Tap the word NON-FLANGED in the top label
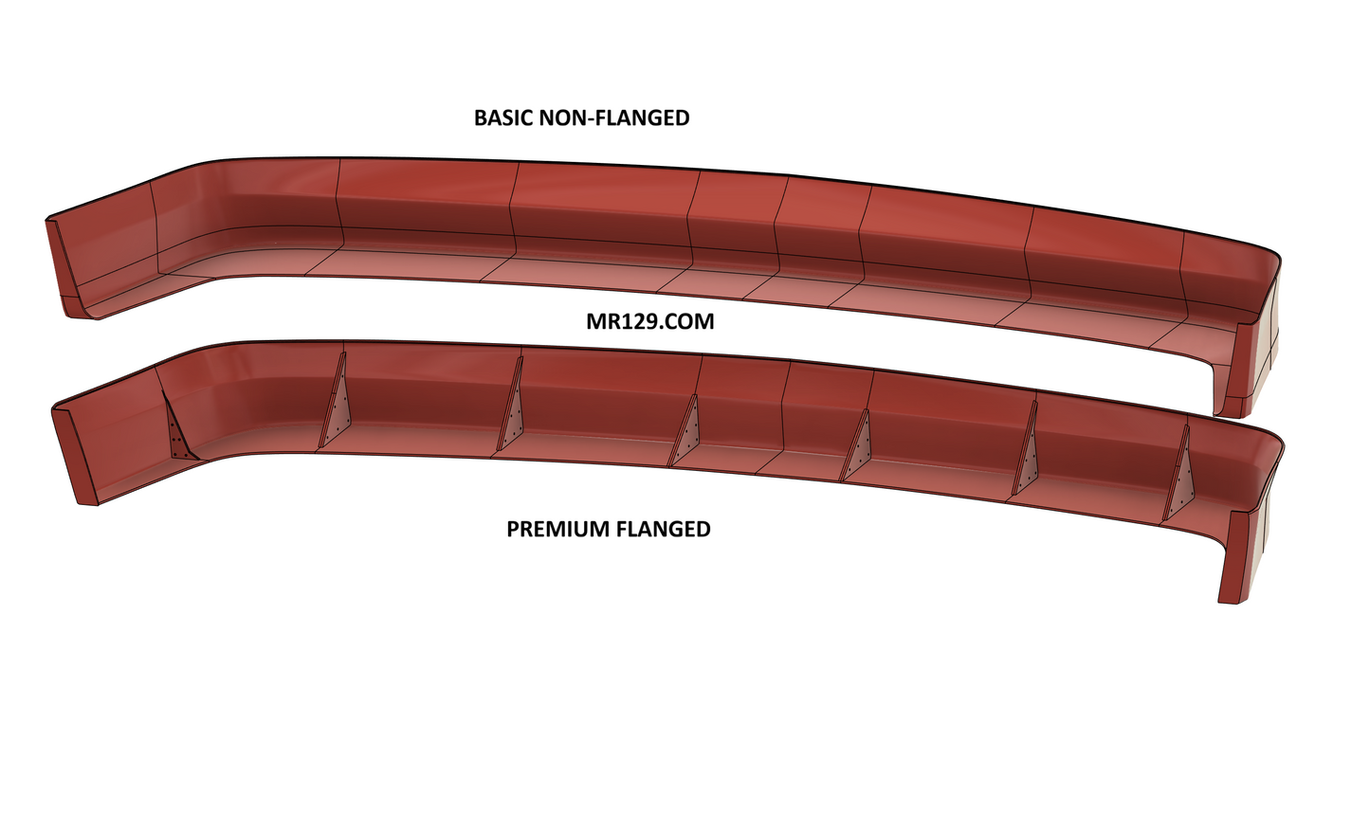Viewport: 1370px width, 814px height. [x=614, y=118]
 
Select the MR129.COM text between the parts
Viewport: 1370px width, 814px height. [x=650, y=321]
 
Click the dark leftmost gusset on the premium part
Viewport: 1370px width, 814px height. [x=178, y=427]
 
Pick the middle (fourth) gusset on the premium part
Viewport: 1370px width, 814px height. [x=686, y=431]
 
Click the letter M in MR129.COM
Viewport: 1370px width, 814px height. [x=595, y=321]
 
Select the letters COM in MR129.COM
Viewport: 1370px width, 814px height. [x=688, y=321]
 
